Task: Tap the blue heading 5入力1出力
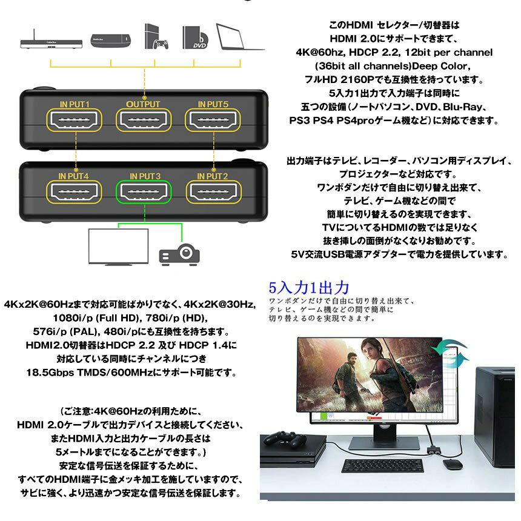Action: pos(310,287)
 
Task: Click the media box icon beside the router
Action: pos(111,41)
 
